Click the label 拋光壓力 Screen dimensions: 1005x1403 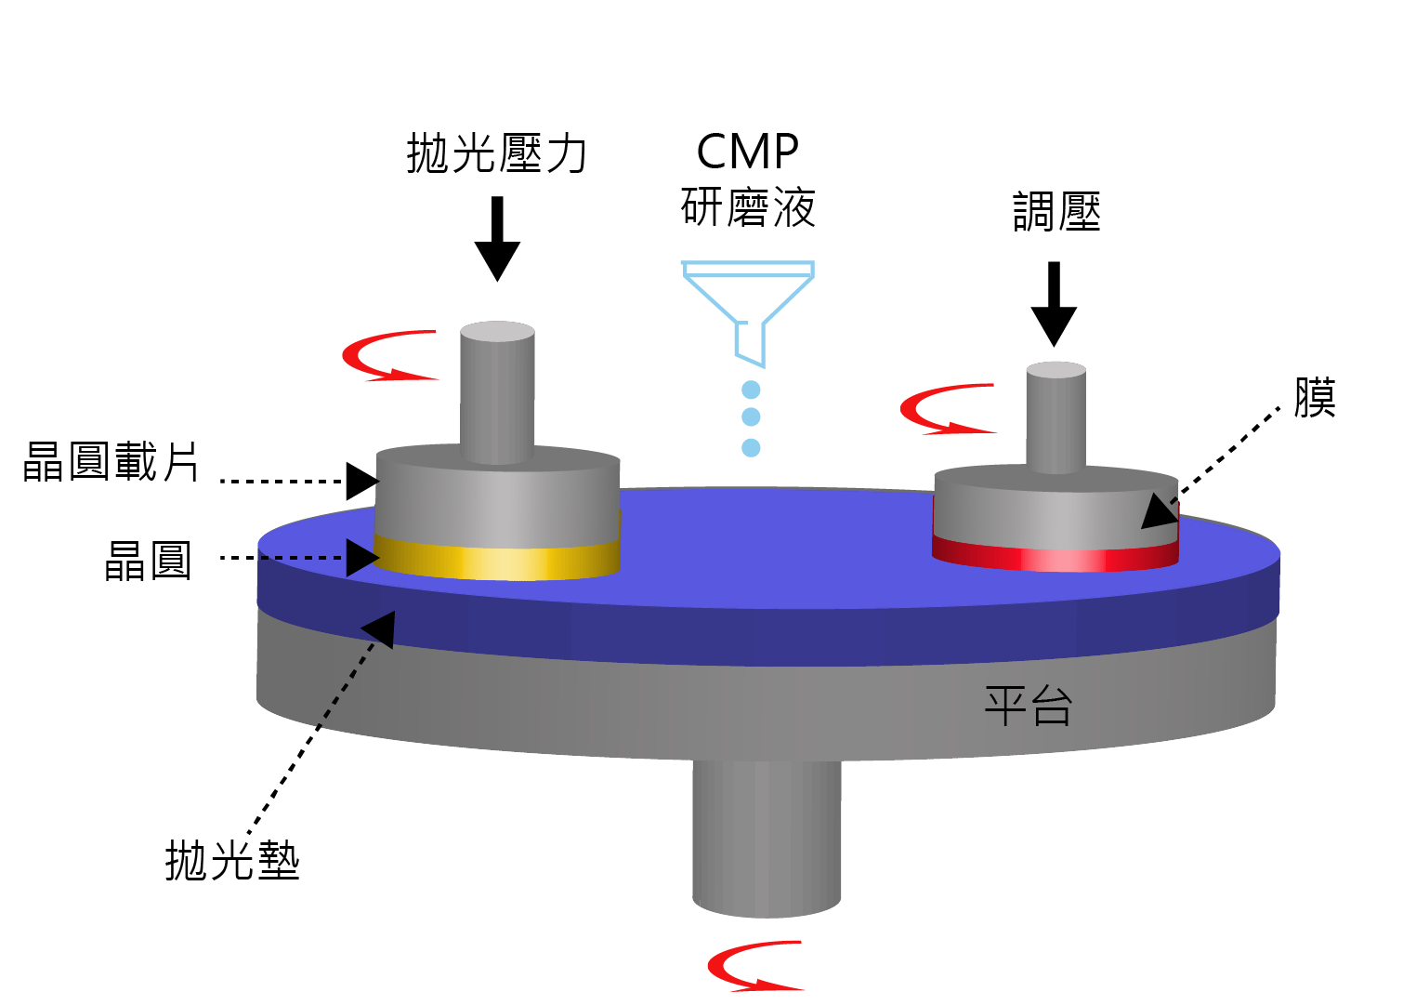[x=497, y=153]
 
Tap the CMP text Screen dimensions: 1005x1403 [x=748, y=152]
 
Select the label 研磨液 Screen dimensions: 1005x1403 [x=748, y=207]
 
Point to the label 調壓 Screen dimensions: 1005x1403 [x=1056, y=212]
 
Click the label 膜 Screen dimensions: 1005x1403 [x=1315, y=398]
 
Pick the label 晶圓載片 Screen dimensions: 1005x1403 [x=111, y=462]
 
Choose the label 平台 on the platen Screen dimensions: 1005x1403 [x=1028, y=707]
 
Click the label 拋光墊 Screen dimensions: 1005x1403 [x=232, y=860]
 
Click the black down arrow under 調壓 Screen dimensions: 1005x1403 [x=1054, y=304]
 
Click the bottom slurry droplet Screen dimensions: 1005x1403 [x=752, y=448]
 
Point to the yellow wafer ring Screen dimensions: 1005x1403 [x=497, y=561]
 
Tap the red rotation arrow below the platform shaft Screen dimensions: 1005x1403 [x=754, y=966]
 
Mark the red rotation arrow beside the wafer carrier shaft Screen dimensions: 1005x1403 [x=388, y=356]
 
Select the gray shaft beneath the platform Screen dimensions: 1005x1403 [x=767, y=837]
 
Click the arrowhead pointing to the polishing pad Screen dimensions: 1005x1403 [x=381, y=628]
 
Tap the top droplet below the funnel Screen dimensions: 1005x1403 [x=752, y=390]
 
